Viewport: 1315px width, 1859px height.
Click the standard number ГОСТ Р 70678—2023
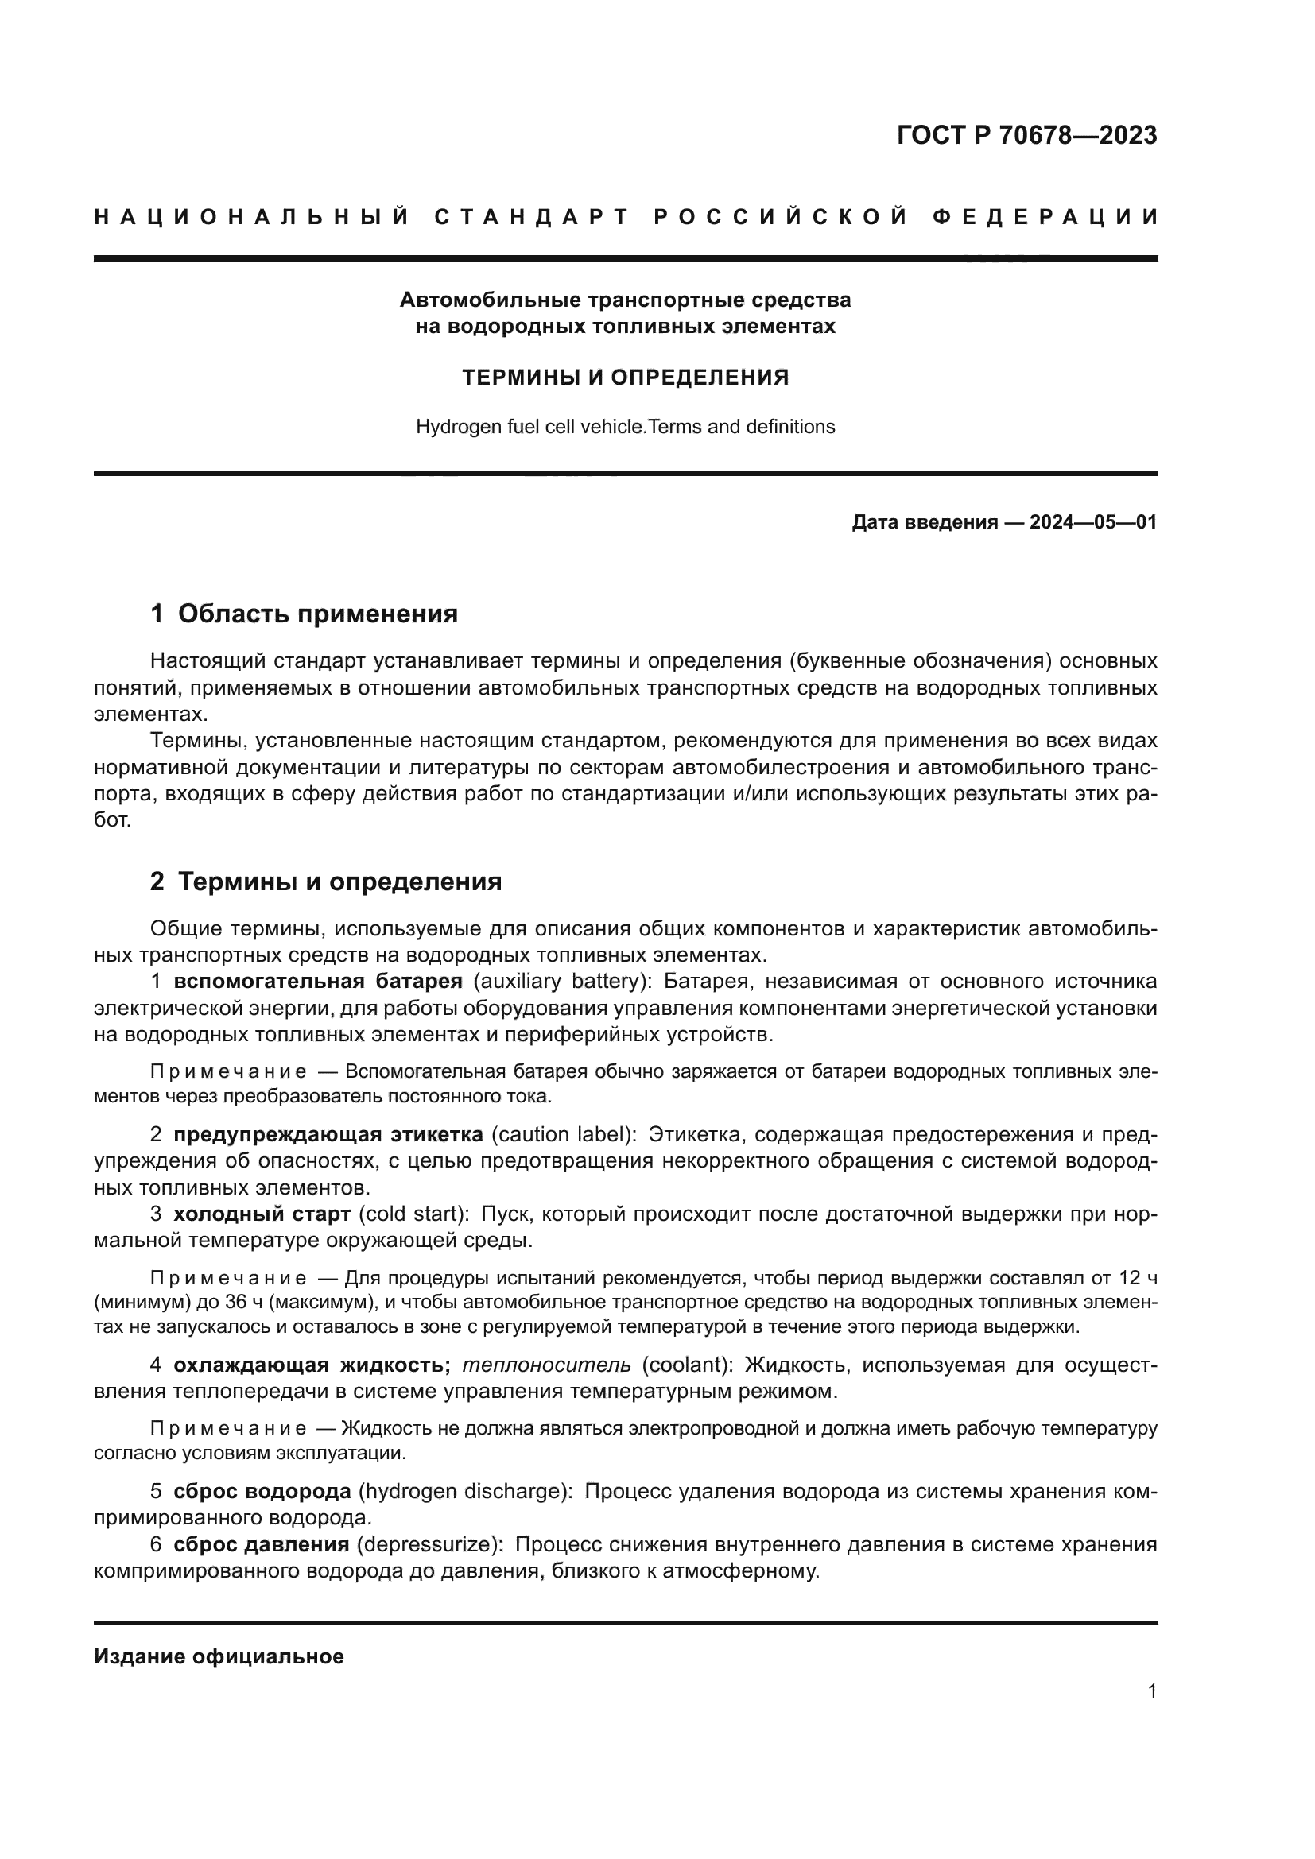(x=1026, y=135)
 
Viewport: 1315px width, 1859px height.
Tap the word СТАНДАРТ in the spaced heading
(x=532, y=217)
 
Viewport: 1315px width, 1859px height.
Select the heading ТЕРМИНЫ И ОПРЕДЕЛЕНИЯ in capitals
(x=625, y=378)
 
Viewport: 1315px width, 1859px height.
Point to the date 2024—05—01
(x=1093, y=522)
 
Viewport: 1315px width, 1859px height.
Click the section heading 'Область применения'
(x=317, y=614)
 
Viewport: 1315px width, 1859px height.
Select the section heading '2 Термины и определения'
(x=325, y=881)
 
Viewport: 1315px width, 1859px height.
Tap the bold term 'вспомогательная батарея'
(x=317, y=982)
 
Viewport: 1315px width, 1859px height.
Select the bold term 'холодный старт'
(x=262, y=1214)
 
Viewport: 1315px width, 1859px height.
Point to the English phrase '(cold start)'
(x=413, y=1214)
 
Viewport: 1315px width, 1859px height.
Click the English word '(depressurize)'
(x=429, y=1544)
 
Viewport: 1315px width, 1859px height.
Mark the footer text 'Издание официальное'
(x=219, y=1656)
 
